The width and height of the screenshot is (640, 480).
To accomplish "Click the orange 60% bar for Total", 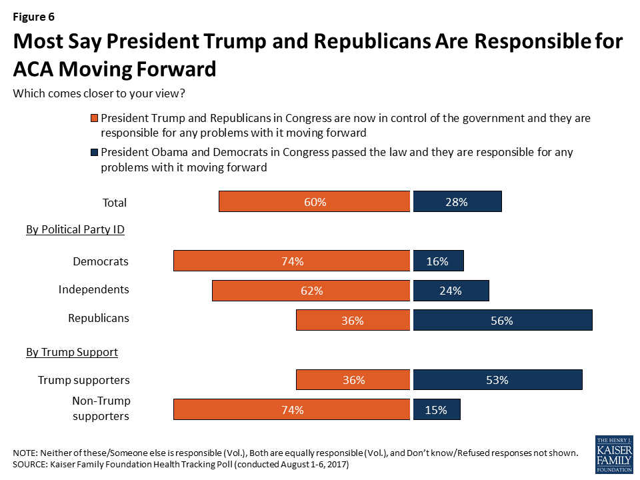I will pyautogui.click(x=314, y=201).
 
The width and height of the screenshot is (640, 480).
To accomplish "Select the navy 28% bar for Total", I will pyautogui.click(x=457, y=201).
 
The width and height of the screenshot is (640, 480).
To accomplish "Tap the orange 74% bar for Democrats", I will pyautogui.click(x=291, y=261).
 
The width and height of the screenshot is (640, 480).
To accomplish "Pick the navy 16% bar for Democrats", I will pyautogui.click(x=438, y=261).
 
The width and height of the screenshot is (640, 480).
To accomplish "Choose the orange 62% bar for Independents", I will pyautogui.click(x=311, y=291).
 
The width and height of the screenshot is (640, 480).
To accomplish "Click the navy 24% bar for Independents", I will pyautogui.click(x=451, y=291).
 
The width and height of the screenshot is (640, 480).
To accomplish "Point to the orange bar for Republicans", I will pyautogui.click(x=353, y=321).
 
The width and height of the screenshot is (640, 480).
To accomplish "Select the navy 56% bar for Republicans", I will pyautogui.click(x=503, y=321).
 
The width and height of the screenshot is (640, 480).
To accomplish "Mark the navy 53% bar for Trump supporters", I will pyautogui.click(x=497, y=380).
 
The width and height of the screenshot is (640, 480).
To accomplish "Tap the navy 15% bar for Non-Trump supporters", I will pyautogui.click(x=437, y=410).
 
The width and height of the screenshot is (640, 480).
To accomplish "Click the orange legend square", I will pyautogui.click(x=94, y=119).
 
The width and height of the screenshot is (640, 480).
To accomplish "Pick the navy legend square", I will pyautogui.click(x=94, y=153).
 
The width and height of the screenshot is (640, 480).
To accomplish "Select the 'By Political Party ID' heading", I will pyautogui.click(x=75, y=230).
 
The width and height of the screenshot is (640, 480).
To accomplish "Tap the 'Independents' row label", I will pyautogui.click(x=93, y=290).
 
